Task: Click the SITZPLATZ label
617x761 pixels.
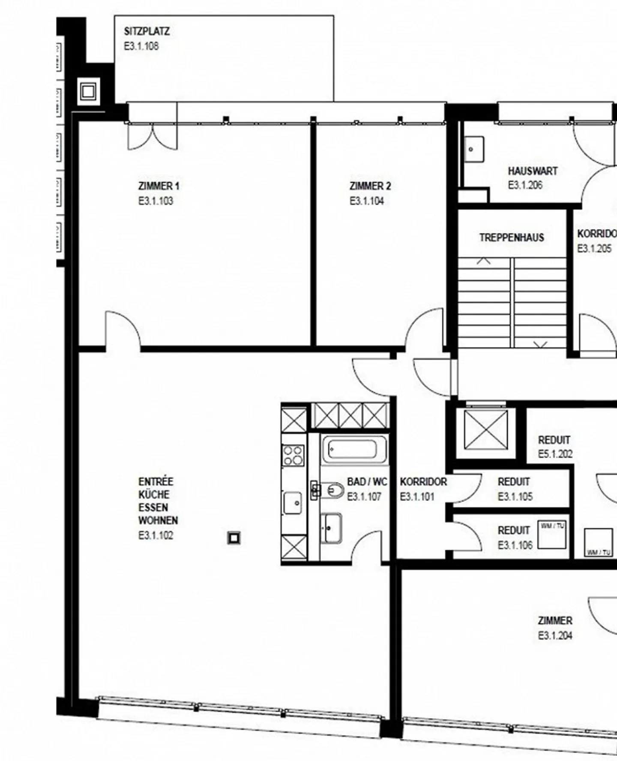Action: tap(147, 31)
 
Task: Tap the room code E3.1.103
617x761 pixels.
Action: tap(156, 201)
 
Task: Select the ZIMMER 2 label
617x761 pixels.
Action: tap(370, 186)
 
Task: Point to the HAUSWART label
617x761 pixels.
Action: tap(533, 171)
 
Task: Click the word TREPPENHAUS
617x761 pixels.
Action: tap(512, 238)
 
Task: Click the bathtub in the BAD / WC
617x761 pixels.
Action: tap(355, 449)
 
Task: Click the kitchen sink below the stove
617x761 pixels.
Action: tap(293, 502)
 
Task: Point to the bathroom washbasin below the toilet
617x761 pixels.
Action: tap(331, 527)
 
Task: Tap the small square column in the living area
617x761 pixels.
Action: tap(234, 538)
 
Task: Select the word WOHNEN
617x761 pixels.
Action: tap(158, 520)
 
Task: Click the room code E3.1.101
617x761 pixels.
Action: tap(417, 497)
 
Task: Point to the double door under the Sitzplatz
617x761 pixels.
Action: tap(152, 136)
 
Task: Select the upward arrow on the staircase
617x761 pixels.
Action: tap(484, 261)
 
